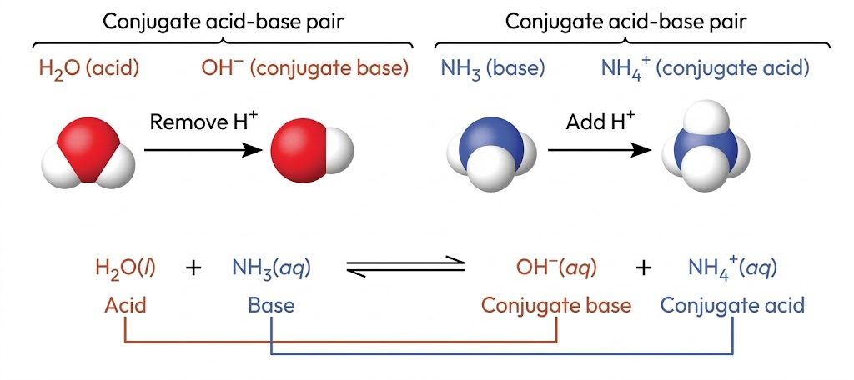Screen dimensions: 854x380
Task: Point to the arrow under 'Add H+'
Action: click(600, 150)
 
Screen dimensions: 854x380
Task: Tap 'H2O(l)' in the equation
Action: click(127, 268)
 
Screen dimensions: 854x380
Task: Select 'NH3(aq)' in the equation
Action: click(271, 268)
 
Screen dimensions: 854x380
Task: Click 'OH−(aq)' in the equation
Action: click(555, 267)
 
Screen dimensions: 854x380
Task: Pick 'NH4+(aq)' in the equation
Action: click(732, 267)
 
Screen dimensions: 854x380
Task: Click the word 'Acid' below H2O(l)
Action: click(125, 305)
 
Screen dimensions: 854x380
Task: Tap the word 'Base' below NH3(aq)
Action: click(271, 305)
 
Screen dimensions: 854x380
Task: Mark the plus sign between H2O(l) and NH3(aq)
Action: click(193, 268)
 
